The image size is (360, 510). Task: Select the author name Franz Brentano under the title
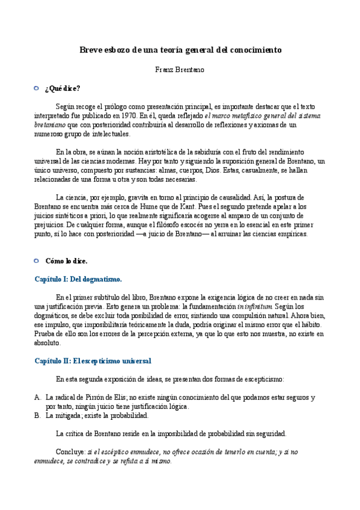click(180, 69)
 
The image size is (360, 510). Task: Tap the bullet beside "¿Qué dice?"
click(35, 88)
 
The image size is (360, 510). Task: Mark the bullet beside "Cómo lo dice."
click(35, 260)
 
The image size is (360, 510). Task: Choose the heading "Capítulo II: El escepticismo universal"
click(92, 361)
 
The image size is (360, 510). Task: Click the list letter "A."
click(37, 398)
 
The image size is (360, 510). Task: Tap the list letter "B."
click(37, 415)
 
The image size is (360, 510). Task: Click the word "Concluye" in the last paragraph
click(70, 451)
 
